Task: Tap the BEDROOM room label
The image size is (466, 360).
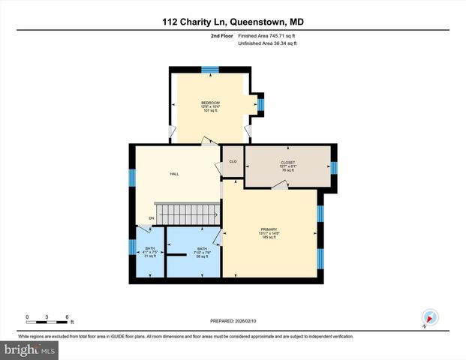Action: (210, 103)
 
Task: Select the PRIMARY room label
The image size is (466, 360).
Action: (269, 229)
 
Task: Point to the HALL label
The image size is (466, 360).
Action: (174, 174)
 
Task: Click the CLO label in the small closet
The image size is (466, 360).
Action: (233, 162)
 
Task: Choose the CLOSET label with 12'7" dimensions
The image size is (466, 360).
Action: (288, 163)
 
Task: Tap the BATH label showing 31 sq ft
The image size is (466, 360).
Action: (150, 248)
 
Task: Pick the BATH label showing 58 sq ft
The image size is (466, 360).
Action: (201, 249)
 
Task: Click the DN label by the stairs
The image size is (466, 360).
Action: (151, 218)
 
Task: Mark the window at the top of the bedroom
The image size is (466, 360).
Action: (210, 69)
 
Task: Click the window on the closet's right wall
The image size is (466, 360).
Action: (334, 166)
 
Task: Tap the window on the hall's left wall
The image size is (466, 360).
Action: (132, 178)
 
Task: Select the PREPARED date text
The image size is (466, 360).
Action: (233, 320)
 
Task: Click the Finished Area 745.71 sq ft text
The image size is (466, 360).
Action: (267, 35)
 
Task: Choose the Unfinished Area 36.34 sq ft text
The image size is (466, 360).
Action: (267, 43)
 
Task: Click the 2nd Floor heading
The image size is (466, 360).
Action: (222, 35)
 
